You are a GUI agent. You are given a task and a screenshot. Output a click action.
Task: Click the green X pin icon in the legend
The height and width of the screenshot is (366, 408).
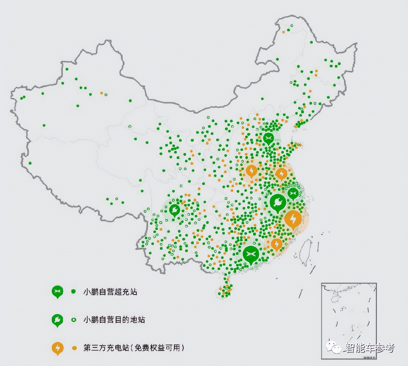(x=57, y=291)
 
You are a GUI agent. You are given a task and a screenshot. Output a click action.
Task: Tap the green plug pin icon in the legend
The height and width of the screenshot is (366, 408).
(x=57, y=320)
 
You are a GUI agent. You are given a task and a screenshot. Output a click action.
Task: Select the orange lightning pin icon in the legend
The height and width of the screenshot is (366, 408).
(x=57, y=348)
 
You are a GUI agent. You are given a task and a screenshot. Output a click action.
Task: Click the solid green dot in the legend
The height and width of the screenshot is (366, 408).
(x=74, y=291)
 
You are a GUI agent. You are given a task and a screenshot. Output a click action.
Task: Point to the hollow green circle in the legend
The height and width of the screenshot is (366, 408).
(x=74, y=320)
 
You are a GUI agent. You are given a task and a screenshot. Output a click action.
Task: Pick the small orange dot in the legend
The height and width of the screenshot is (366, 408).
(x=74, y=348)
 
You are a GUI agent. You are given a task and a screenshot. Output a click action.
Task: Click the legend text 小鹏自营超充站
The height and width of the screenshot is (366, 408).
(x=110, y=292)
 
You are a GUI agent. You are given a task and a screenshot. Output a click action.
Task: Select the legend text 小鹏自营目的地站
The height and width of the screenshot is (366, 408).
(x=114, y=320)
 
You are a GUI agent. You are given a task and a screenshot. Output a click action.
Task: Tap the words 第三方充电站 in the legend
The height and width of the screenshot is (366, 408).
(x=106, y=348)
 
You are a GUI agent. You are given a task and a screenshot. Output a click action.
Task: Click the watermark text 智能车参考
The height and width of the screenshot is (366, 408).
(x=370, y=348)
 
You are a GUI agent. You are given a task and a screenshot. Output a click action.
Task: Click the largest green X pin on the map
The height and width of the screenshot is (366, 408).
(x=251, y=254)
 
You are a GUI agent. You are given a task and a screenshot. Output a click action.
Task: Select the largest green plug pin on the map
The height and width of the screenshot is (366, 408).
(x=278, y=202)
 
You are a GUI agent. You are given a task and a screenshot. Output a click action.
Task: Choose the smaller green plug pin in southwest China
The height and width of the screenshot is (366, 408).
(x=174, y=210)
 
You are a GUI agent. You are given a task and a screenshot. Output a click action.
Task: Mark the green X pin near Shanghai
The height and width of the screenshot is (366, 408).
(x=293, y=193)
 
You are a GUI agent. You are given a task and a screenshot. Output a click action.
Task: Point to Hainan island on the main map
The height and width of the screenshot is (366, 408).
(x=224, y=291)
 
